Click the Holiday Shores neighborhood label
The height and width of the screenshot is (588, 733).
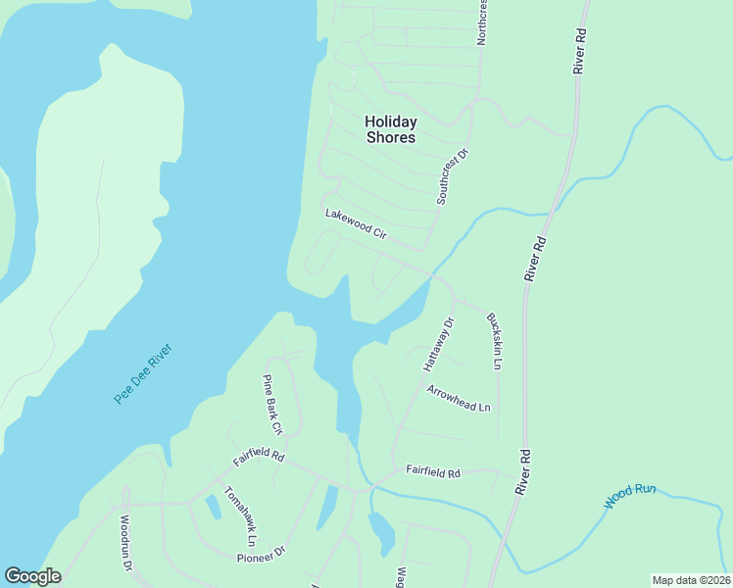pos(391,129)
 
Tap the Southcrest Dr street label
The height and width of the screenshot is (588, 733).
pos(454,177)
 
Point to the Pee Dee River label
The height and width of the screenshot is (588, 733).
pos(143,373)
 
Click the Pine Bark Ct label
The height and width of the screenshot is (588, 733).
pos(271,404)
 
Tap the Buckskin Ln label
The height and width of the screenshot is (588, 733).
pos(494,341)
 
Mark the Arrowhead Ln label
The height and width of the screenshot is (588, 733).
pos(458,398)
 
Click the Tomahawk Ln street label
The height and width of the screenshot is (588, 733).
pos(240,515)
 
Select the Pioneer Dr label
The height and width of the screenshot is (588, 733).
pos(261,555)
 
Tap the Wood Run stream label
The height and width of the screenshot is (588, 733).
pos(629,495)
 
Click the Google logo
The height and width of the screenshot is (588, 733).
pos(32,576)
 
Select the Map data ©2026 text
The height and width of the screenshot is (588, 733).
pos(691,579)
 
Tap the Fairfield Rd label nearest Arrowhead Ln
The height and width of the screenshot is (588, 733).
pos(433,472)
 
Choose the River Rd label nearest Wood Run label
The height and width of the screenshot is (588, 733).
pos(525,470)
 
